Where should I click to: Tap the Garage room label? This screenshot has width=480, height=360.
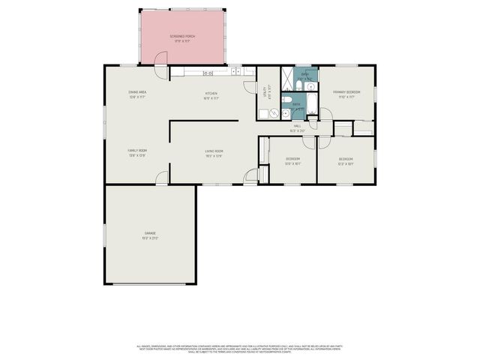coord(151,235)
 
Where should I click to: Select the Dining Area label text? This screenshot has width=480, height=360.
coord(137,94)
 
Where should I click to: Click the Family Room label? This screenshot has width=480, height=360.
coord(136,152)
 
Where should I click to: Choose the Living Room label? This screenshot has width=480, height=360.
coord(214,153)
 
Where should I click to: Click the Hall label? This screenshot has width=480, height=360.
coord(297,128)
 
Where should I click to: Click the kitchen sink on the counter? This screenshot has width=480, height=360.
coord(235,72)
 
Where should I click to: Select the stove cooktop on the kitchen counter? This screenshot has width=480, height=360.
coord(208,73)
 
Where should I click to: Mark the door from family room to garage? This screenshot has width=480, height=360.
coord(161,179)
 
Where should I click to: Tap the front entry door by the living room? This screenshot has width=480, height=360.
coord(250,178)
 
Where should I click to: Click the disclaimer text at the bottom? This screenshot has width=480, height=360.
coord(240,349)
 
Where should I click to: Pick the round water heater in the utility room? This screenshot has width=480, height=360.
coord(274,114)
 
